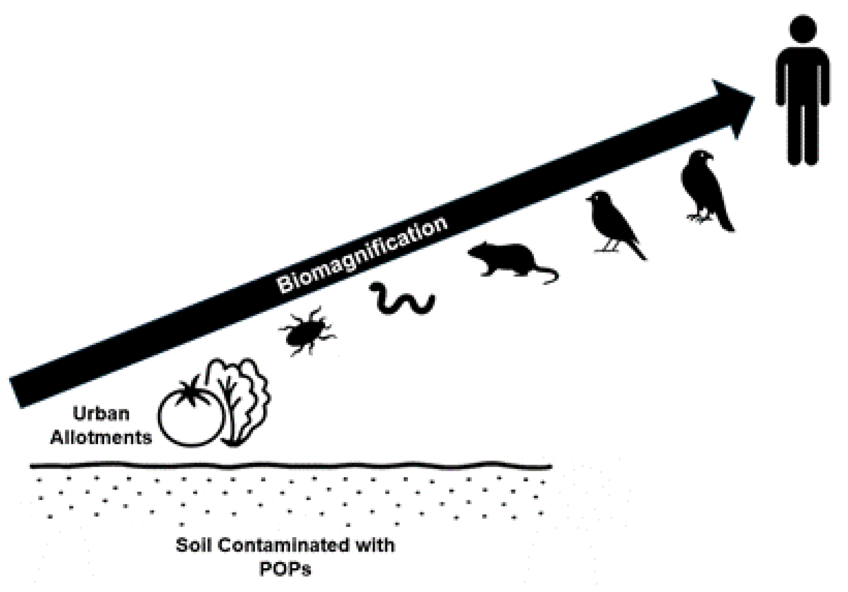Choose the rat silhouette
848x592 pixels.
pyautogui.click(x=506, y=259)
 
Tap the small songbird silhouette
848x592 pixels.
pyautogui.click(x=609, y=222)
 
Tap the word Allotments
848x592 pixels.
pyautogui.click(x=101, y=438)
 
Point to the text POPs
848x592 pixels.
pyautogui.click(x=285, y=569)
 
